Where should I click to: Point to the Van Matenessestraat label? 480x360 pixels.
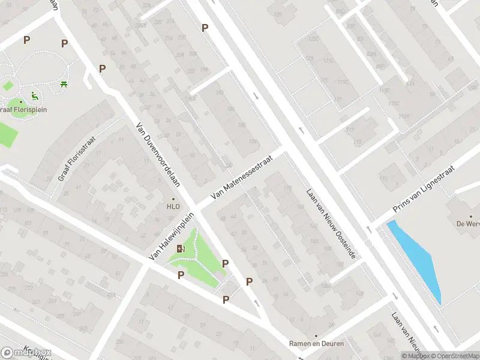point(242,178)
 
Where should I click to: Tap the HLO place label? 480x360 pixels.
point(173,206)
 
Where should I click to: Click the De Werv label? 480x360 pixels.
point(467,223)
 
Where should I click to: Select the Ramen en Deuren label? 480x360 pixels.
point(316,344)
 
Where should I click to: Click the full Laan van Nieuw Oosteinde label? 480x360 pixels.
point(331,224)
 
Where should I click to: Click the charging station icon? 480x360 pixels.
point(181,249)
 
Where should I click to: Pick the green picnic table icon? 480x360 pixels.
point(64,84)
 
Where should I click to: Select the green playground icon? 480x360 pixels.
point(34,95)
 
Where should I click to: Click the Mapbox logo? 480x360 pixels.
point(26,352)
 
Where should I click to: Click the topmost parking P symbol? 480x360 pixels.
point(205,28)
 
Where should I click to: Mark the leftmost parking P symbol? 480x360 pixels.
point(26,40)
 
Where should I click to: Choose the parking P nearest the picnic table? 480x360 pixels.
point(64,43)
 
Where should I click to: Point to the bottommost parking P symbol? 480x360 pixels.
point(226,300)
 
